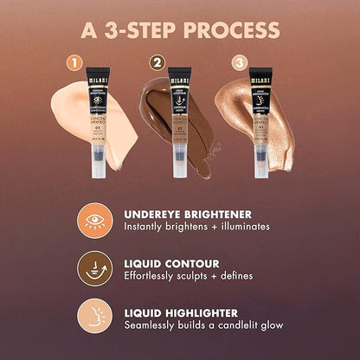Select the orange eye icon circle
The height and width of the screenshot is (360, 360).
(x=91, y=220)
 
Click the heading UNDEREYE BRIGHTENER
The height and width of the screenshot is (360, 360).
(x=185, y=212)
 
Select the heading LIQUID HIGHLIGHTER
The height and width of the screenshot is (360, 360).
(x=182, y=311)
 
